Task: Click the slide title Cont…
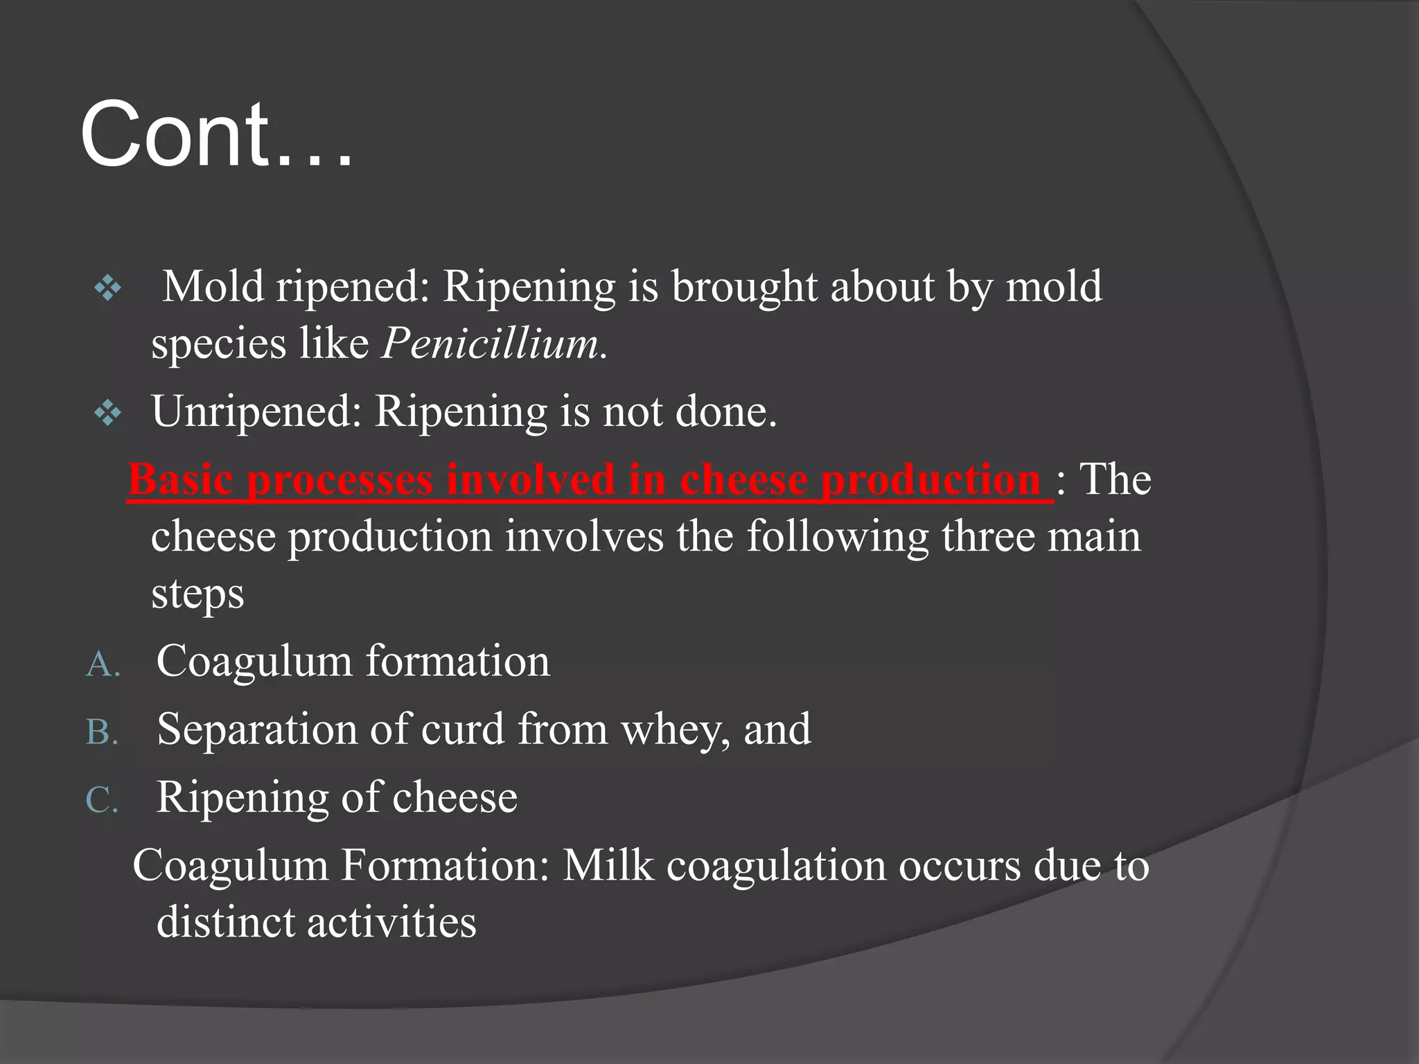216,134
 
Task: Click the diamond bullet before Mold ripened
108,287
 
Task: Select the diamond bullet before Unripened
108,414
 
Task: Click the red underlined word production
931,479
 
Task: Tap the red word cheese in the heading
743,479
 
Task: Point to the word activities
391,923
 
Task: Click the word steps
197,594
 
